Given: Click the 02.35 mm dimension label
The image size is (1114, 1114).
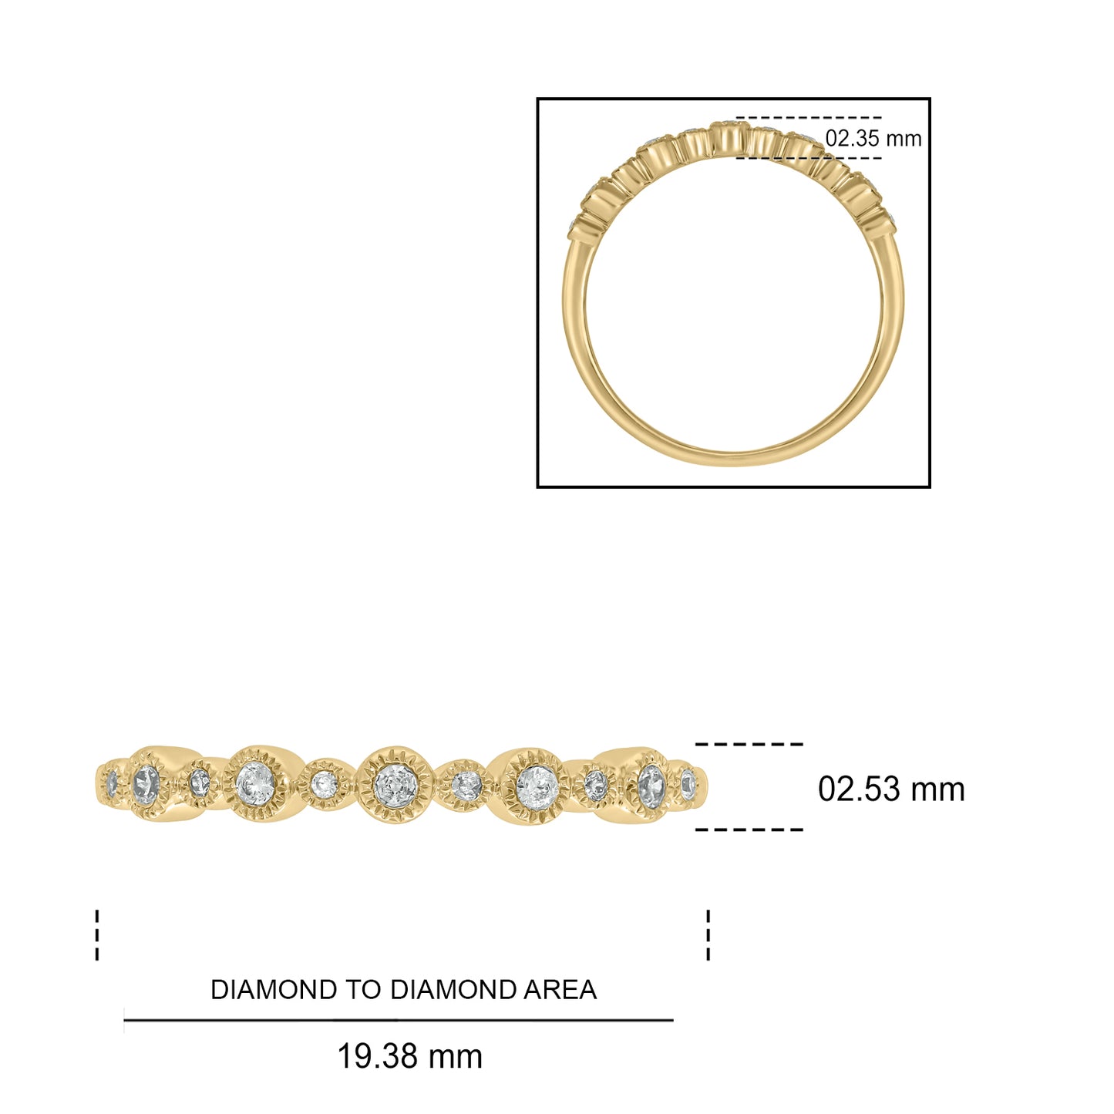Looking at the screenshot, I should [873, 139].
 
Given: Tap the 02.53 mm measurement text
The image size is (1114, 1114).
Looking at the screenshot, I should [890, 789].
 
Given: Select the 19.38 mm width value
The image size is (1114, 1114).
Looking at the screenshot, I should [409, 1056].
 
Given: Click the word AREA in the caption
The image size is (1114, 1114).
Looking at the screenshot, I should [560, 990].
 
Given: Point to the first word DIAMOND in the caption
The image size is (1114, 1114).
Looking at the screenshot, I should [274, 990].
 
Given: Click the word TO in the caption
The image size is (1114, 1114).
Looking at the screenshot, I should [365, 990].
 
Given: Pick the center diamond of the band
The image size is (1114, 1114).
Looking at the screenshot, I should [395, 785].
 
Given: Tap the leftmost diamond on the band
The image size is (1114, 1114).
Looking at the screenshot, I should [113, 784].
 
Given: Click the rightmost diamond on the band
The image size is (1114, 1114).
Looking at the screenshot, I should [688, 785].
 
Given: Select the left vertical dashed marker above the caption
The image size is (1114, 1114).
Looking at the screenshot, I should [97, 935].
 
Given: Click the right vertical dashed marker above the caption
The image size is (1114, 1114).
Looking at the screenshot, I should [708, 935].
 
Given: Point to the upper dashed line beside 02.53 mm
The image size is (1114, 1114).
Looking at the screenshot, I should [749, 744].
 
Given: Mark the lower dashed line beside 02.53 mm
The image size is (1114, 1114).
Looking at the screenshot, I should [749, 830].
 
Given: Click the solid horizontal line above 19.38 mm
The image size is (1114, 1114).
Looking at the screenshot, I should [398, 1020].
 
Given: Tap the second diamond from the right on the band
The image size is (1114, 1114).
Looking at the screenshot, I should [651, 785].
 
